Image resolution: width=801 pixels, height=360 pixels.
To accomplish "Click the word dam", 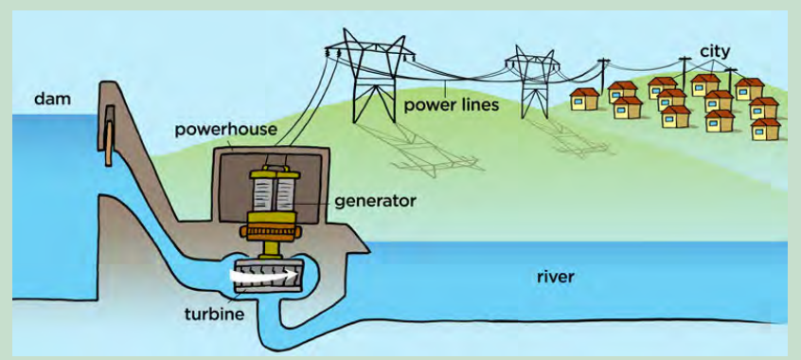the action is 52,99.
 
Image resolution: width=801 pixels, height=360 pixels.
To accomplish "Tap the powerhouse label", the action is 225,130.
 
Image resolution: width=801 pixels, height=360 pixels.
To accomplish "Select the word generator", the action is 375,201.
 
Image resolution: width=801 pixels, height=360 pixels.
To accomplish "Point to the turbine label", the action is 215,313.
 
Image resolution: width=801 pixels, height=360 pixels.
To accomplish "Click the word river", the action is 556,278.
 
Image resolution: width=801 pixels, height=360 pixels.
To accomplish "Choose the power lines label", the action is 451,106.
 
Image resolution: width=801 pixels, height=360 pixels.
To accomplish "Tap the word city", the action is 715,51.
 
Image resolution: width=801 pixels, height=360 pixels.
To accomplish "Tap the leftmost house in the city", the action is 584,99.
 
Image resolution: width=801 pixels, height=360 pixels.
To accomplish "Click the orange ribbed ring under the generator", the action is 269,233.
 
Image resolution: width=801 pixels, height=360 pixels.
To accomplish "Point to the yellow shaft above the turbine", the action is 269,248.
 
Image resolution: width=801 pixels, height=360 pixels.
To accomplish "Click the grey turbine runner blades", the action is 269,276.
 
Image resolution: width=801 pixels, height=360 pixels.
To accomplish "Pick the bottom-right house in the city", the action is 766,130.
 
